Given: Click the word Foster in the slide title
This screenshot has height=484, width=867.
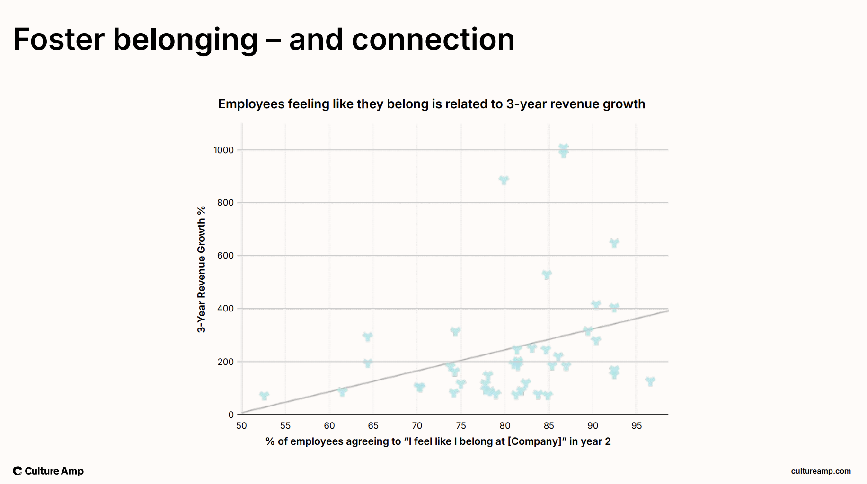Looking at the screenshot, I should click(x=59, y=39).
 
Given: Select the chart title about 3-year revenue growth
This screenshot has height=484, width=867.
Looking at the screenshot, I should click(x=431, y=104).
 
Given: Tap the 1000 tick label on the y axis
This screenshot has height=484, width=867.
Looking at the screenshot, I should click(x=223, y=150).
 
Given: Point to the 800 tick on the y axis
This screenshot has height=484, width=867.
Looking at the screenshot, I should click(x=225, y=203).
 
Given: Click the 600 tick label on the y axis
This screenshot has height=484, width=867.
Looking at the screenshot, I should click(x=225, y=256).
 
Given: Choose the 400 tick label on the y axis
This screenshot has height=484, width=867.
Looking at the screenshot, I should click(x=225, y=309).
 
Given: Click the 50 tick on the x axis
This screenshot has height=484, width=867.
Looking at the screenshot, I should click(x=241, y=426).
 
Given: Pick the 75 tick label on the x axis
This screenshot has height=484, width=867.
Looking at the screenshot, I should click(x=461, y=426).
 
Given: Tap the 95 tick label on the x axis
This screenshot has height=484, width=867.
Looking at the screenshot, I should click(x=637, y=426).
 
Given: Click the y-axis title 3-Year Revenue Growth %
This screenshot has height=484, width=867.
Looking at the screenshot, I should click(x=202, y=269).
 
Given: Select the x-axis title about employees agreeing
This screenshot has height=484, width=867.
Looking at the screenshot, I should click(x=438, y=441).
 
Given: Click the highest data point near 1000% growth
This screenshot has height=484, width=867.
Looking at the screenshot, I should click(x=563, y=150).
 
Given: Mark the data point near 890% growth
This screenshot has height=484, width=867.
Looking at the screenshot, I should click(x=504, y=180).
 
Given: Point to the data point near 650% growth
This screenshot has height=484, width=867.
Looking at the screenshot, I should click(x=614, y=243).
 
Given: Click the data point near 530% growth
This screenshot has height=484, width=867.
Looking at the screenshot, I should click(x=547, y=275).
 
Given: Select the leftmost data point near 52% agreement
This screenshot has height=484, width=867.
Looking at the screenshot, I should click(x=264, y=395).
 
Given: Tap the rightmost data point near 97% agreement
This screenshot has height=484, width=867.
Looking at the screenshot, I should click(x=650, y=381).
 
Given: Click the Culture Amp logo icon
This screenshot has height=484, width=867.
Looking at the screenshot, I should click(x=18, y=471).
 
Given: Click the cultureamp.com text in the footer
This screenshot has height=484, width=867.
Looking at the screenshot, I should click(x=821, y=471).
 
